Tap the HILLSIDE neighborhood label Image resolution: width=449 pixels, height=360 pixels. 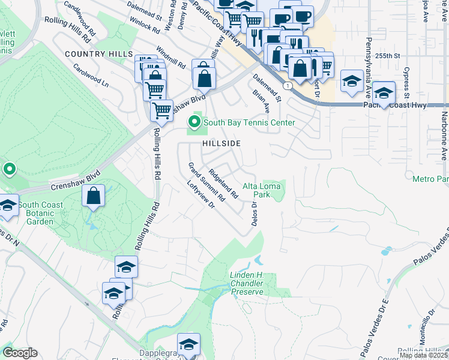221,143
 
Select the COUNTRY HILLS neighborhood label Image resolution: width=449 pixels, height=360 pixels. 98,54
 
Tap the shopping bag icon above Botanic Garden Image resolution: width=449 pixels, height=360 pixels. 93,196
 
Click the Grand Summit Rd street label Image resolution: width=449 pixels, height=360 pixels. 206,181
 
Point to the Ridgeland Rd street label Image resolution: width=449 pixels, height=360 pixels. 224,179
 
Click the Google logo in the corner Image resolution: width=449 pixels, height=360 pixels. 20,353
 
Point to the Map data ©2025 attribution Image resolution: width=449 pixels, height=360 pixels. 423,355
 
